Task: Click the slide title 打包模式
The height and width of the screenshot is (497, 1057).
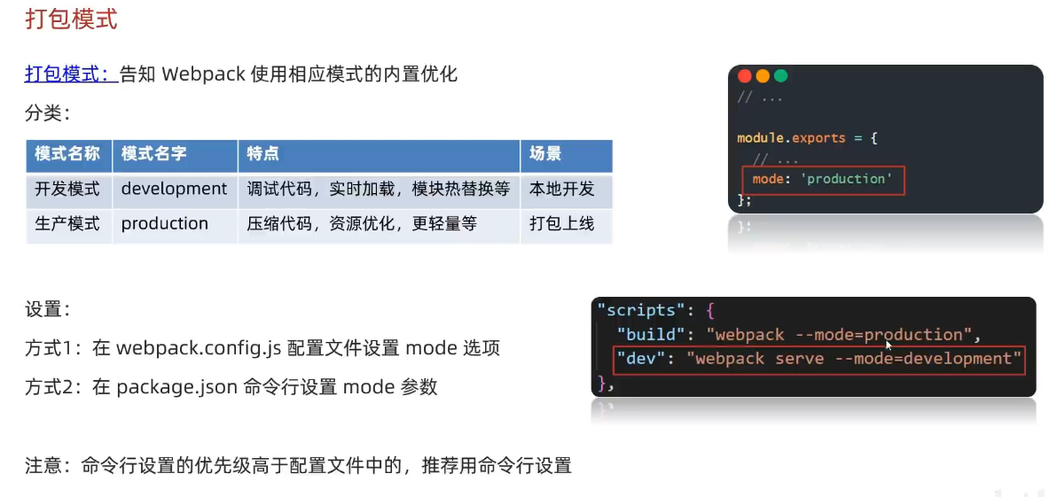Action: (x=71, y=19)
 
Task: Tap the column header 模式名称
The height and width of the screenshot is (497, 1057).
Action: (x=67, y=153)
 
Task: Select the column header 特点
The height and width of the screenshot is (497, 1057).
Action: (x=263, y=153)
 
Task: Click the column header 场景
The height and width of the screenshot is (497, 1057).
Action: (x=545, y=153)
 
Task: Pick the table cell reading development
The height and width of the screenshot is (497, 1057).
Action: (x=174, y=189)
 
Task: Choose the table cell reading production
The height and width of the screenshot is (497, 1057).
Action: (x=165, y=223)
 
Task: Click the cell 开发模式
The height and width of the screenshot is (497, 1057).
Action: (x=67, y=189)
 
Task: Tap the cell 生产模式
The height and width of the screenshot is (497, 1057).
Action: (x=67, y=223)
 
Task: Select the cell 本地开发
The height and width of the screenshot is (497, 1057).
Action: (x=562, y=189)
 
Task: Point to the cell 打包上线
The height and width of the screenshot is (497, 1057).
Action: (x=562, y=223)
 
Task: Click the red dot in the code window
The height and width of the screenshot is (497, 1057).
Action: (x=745, y=76)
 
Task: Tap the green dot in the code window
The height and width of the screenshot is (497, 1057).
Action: (x=780, y=76)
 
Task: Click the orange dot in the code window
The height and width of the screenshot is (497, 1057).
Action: (x=763, y=76)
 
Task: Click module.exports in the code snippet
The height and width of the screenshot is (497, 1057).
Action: (x=791, y=138)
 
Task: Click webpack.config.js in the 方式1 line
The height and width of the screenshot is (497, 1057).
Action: (x=199, y=348)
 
